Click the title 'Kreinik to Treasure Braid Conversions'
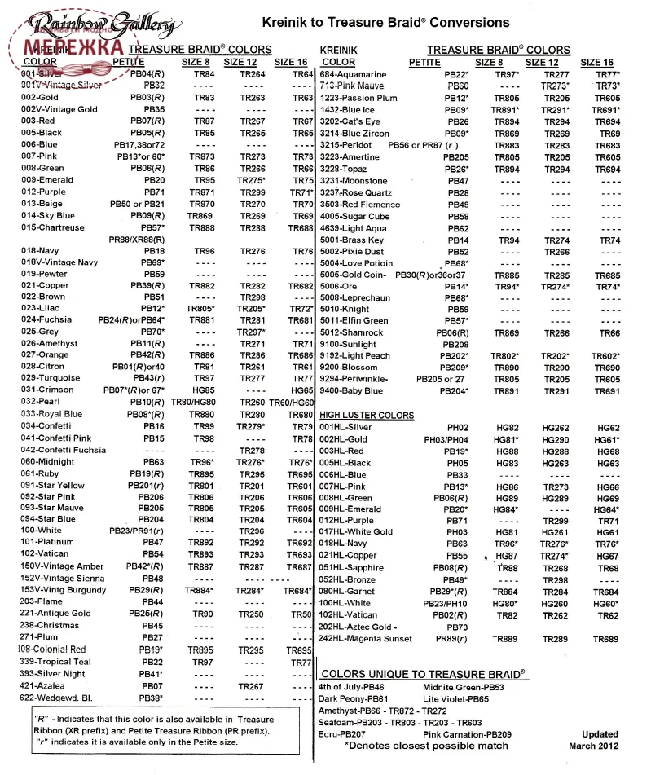(x=385, y=23)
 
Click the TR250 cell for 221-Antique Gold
(x=252, y=614)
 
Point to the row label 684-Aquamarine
(x=353, y=74)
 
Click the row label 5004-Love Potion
(x=356, y=263)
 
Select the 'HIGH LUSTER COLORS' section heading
(x=367, y=416)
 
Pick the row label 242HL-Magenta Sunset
(x=366, y=639)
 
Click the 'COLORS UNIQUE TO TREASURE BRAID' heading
(x=423, y=674)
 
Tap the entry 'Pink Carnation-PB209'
(x=467, y=733)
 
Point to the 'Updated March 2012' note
(x=600, y=739)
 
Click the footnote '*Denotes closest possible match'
(x=426, y=745)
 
